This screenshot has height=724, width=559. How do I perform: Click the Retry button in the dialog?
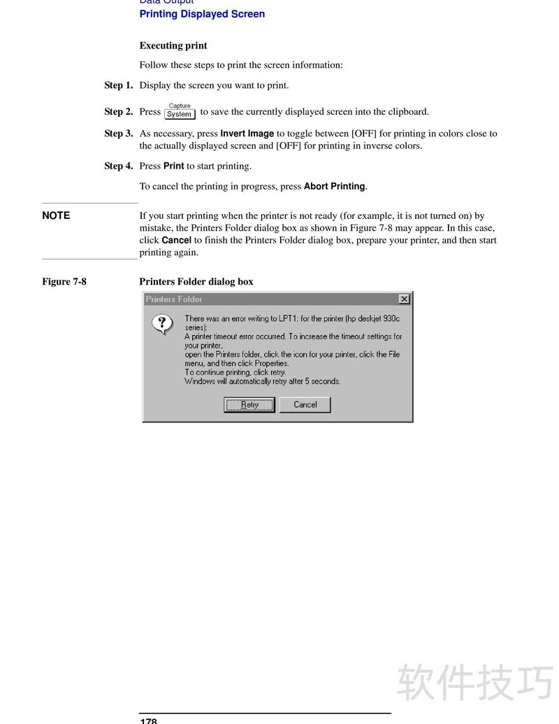[249, 404]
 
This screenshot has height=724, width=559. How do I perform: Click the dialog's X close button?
[404, 299]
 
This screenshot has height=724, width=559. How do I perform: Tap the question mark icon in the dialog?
[162, 323]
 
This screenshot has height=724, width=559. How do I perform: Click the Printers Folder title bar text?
[174, 299]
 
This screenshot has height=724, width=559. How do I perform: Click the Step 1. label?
[119, 85]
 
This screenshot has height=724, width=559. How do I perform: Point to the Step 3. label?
[119, 133]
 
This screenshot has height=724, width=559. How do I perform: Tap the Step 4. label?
[119, 166]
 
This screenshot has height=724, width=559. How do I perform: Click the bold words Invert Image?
[247, 133]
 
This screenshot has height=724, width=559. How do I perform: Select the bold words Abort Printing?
[334, 186]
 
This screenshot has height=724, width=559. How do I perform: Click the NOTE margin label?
[56, 215]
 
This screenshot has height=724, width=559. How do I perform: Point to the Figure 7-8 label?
[64, 282]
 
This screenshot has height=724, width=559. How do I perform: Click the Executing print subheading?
[173, 45]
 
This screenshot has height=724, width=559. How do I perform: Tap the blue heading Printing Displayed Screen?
[202, 14]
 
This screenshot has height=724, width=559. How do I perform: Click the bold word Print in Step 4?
[173, 166]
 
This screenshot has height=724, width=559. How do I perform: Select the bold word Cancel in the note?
[176, 240]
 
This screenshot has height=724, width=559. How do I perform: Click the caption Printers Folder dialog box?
[196, 282]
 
